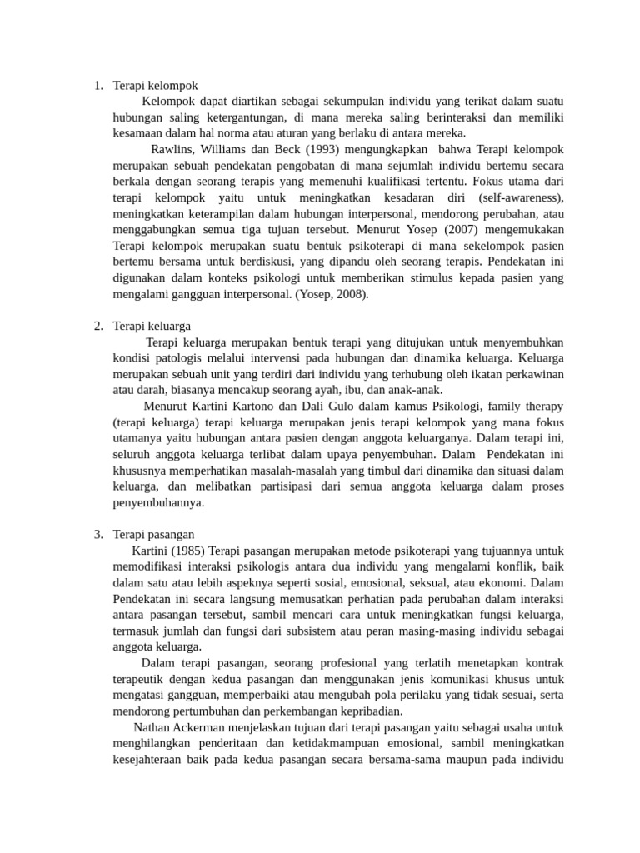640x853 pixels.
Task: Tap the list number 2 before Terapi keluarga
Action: click(98, 326)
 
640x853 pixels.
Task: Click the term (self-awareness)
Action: click(521, 197)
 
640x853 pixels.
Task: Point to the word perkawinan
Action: click(530, 373)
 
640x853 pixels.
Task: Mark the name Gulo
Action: click(363, 406)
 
